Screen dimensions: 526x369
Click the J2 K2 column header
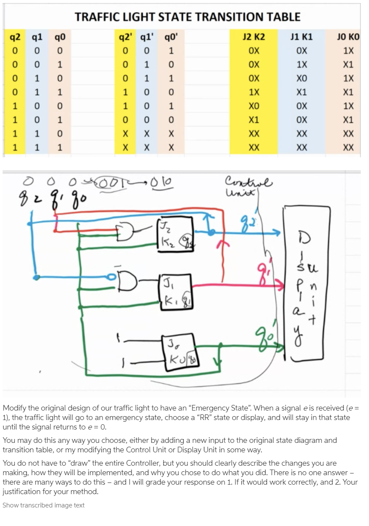pyautogui.click(x=254, y=37)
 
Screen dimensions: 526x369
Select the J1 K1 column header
pyautogui.click(x=302, y=37)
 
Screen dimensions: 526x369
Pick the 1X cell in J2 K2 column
pyautogui.click(x=254, y=92)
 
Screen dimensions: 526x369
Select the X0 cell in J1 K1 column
pyautogui.click(x=302, y=78)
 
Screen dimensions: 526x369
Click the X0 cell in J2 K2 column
pyautogui.click(x=254, y=106)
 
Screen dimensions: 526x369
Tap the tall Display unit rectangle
pyautogui.click(x=303, y=282)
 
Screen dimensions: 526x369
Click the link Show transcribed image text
pyautogui.click(x=44, y=505)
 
